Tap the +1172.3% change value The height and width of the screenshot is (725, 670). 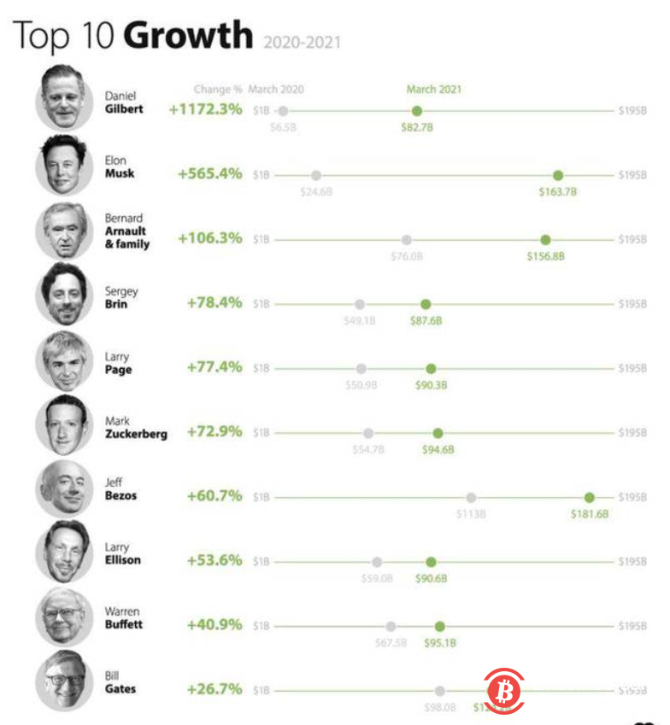(x=205, y=109)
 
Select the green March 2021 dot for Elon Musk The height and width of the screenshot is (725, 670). (x=558, y=175)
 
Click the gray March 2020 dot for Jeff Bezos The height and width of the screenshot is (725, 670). (x=471, y=497)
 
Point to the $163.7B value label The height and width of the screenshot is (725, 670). (x=557, y=192)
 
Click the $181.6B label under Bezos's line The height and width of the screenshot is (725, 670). (x=590, y=514)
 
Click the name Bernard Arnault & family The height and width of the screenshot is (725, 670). (x=126, y=231)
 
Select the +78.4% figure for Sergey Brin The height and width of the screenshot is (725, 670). (x=215, y=302)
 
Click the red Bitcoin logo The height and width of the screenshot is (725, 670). (x=504, y=688)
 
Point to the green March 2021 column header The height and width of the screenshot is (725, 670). (x=434, y=89)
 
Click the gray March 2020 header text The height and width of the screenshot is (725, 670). (x=276, y=89)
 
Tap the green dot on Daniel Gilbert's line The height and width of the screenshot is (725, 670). (x=416, y=111)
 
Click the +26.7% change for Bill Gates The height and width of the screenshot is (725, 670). (x=215, y=688)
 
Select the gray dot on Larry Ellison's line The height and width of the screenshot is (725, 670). (x=377, y=562)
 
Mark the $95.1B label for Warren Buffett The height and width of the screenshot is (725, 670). (x=439, y=643)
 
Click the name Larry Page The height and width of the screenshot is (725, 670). (x=118, y=364)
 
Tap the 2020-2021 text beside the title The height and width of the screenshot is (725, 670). (x=302, y=41)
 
